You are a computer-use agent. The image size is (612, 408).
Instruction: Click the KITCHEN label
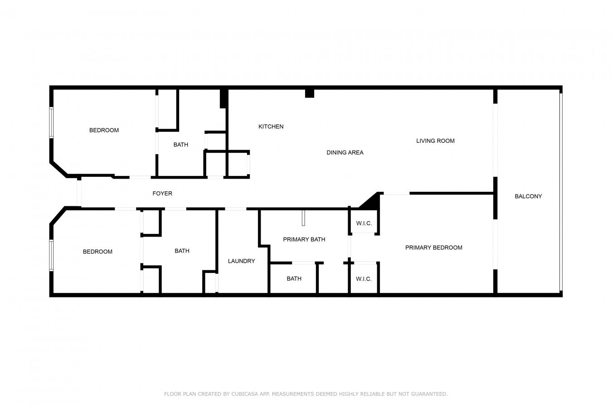point(271,126)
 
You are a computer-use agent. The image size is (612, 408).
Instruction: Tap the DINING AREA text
point(345,152)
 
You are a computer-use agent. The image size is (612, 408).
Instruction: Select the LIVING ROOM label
point(435,141)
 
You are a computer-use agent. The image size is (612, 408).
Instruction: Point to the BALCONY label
point(528,196)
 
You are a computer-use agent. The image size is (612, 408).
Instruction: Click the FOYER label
point(162,194)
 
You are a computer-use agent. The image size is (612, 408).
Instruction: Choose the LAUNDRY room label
point(241,261)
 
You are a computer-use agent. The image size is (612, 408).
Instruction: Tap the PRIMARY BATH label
point(304,239)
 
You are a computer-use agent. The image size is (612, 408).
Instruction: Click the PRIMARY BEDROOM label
point(433,248)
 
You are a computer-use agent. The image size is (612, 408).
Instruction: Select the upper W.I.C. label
point(364,223)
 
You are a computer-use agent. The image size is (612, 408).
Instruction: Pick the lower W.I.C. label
point(364,279)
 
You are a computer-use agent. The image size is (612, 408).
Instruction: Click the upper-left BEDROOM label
point(104,130)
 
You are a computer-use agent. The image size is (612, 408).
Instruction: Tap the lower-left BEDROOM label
point(97,252)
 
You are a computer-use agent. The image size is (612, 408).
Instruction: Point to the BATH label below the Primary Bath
point(294,278)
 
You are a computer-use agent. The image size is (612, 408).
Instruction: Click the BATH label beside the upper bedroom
point(180,145)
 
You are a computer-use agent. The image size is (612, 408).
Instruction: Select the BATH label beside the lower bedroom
point(182,251)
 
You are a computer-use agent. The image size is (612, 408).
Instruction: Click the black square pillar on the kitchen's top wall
point(310,93)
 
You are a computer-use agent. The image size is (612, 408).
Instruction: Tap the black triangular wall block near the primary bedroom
point(372,201)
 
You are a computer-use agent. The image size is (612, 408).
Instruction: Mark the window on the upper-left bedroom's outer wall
point(51,122)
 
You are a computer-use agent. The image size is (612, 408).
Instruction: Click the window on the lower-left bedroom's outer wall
point(51,255)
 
